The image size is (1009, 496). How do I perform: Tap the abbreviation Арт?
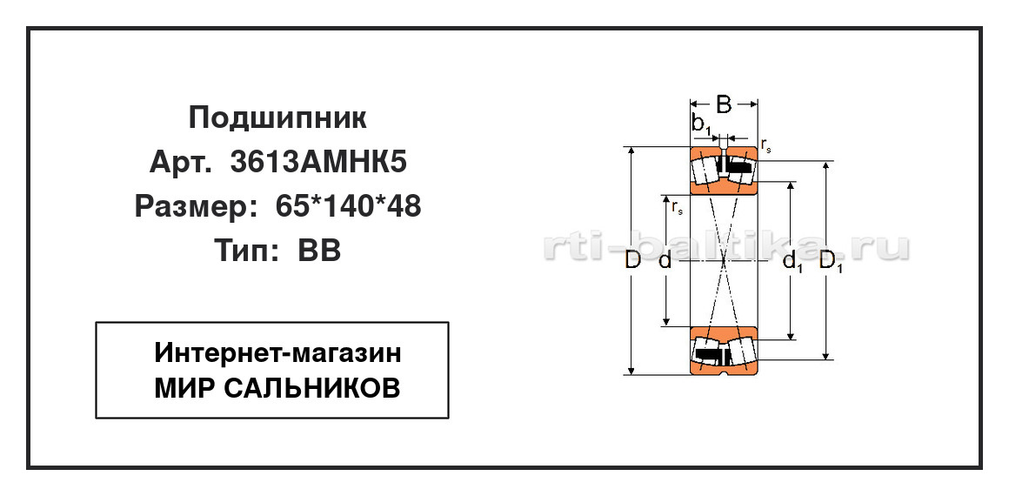(179, 163)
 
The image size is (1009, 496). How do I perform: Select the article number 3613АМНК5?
(318, 163)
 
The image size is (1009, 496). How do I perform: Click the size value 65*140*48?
(348, 206)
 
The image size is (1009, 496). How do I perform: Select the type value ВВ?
(318, 251)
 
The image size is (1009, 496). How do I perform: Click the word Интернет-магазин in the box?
(277, 353)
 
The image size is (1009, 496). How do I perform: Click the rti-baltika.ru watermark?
(726, 247)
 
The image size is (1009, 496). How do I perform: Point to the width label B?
(724, 104)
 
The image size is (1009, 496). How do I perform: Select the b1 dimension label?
(701, 125)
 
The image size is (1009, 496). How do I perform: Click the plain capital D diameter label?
(633, 260)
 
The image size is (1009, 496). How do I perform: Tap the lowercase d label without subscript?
(665, 260)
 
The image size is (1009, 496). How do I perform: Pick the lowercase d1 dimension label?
(792, 262)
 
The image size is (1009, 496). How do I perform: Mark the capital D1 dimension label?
(832, 262)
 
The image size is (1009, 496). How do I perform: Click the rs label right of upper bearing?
(765, 146)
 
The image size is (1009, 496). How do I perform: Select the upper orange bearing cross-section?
(724, 170)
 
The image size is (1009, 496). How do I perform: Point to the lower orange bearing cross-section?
(724, 351)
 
